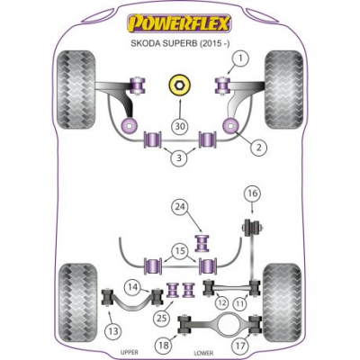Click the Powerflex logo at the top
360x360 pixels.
pos(179,22)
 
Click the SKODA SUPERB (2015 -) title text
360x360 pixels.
pos(180,43)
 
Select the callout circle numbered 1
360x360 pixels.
pos(240,59)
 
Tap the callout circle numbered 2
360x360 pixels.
pos(258,148)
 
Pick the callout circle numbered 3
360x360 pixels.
pos(179,157)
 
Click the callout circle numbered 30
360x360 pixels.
pos(180,126)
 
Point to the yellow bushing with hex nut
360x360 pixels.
pos(179,85)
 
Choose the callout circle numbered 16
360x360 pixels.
pos(252,193)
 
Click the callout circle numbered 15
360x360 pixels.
pos(180,251)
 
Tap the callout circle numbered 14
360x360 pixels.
pos(133,287)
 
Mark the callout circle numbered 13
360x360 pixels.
pos(113,331)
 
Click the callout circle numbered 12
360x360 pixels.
pos(221,303)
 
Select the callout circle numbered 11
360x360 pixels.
pos(240,304)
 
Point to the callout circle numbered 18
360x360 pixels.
pos(164,346)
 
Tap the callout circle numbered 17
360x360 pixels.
pos(240,346)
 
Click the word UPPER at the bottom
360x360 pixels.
pos(130,352)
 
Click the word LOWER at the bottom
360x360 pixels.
pos(203,354)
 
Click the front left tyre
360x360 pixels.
pos(76,90)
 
